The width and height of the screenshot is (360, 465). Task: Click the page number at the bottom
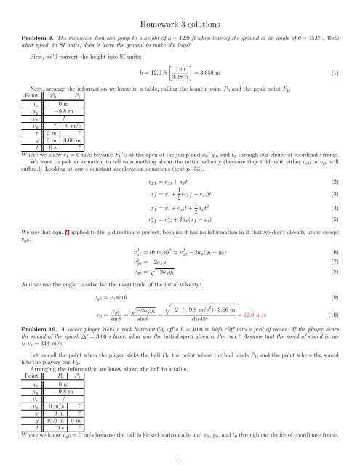[179, 459]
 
